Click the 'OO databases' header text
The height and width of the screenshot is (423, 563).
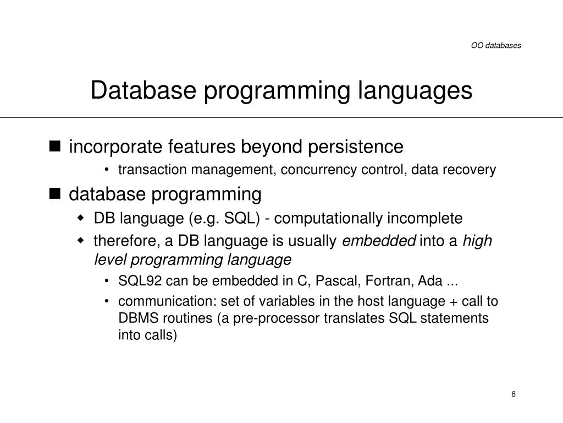496,46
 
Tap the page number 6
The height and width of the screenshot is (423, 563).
514,394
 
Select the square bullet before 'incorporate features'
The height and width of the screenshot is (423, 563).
54,146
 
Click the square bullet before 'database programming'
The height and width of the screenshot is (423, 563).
54,193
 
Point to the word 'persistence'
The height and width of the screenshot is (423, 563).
356,147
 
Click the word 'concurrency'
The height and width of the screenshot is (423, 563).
318,170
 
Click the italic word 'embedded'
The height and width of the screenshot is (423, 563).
379,241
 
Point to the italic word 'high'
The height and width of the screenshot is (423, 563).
477,241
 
